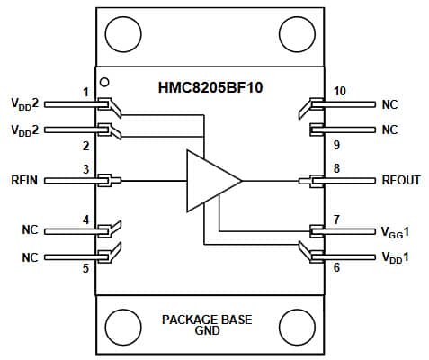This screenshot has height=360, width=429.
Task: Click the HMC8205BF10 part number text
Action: (x=210, y=87)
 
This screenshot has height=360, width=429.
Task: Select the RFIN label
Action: (x=24, y=180)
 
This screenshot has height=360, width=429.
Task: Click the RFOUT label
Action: (x=401, y=180)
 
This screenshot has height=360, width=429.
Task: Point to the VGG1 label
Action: (x=395, y=232)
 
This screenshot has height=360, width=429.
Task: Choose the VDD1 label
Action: (x=395, y=257)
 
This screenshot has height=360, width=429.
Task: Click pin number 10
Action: (x=340, y=91)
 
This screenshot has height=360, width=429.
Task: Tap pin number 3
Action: (x=86, y=169)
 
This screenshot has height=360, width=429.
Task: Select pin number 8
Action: (x=336, y=168)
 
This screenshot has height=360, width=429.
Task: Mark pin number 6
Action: (x=336, y=267)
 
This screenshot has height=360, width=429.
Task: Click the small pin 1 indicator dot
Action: (x=104, y=82)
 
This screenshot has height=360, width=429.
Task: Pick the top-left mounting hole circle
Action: (x=123, y=34)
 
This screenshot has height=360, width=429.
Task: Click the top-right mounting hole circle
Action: (x=297, y=34)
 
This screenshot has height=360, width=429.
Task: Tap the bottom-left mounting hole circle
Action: (x=123, y=328)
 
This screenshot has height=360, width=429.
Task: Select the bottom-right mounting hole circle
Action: (x=297, y=328)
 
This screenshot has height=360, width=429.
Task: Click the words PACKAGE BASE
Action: (x=207, y=319)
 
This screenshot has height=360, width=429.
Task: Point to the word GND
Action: (x=207, y=330)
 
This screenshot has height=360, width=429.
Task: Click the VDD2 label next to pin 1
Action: (x=25, y=103)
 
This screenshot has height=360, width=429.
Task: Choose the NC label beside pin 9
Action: (x=389, y=130)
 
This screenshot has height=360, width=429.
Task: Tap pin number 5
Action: (x=86, y=268)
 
